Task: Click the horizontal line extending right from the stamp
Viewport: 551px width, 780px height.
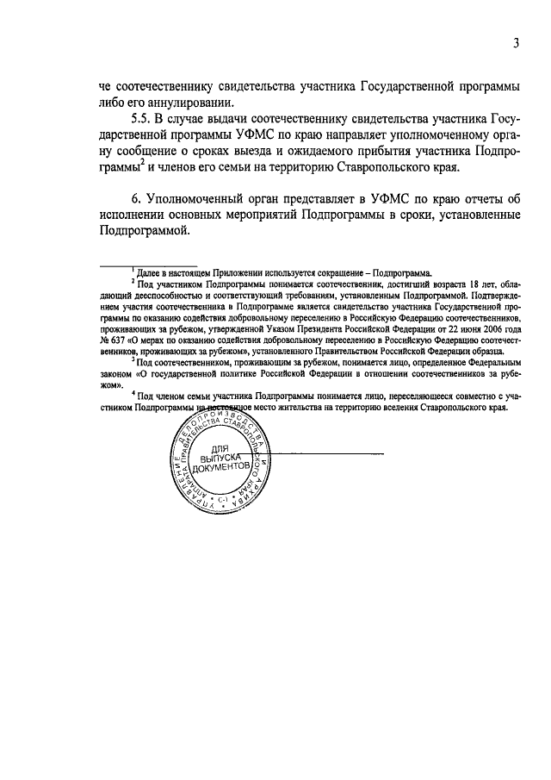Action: pyautogui.click(x=311, y=452)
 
